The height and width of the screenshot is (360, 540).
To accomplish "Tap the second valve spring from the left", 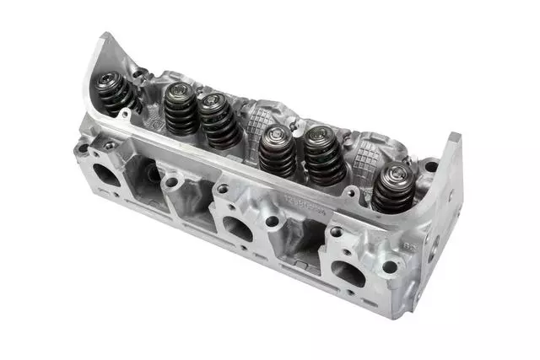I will (180, 110).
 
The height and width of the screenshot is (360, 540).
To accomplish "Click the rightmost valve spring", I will (393, 188).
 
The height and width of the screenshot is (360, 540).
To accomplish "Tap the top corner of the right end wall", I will (456, 136).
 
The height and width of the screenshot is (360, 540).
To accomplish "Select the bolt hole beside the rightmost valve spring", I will (430, 167).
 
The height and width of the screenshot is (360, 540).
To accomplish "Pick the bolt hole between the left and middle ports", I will (171, 182).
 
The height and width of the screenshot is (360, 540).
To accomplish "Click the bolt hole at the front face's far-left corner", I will (82, 148).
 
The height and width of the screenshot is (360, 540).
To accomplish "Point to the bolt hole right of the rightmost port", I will (389, 267).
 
